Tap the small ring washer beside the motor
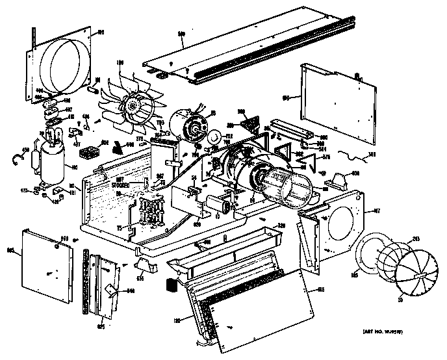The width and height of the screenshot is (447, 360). coord(212,137)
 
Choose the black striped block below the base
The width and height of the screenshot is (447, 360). coord(172,285)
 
